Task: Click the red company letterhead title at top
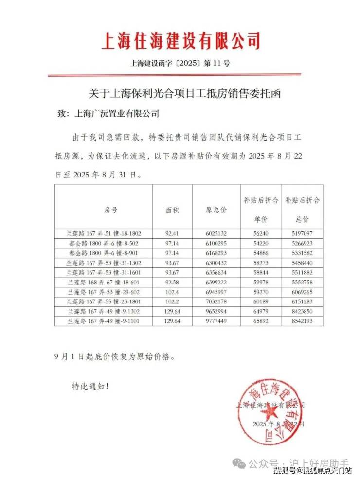coord(180,41)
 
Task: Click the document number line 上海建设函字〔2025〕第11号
coord(180,63)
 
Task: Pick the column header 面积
coord(172,210)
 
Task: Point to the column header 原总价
coord(216,210)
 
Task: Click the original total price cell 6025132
coord(216,233)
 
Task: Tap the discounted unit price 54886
coord(261,252)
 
